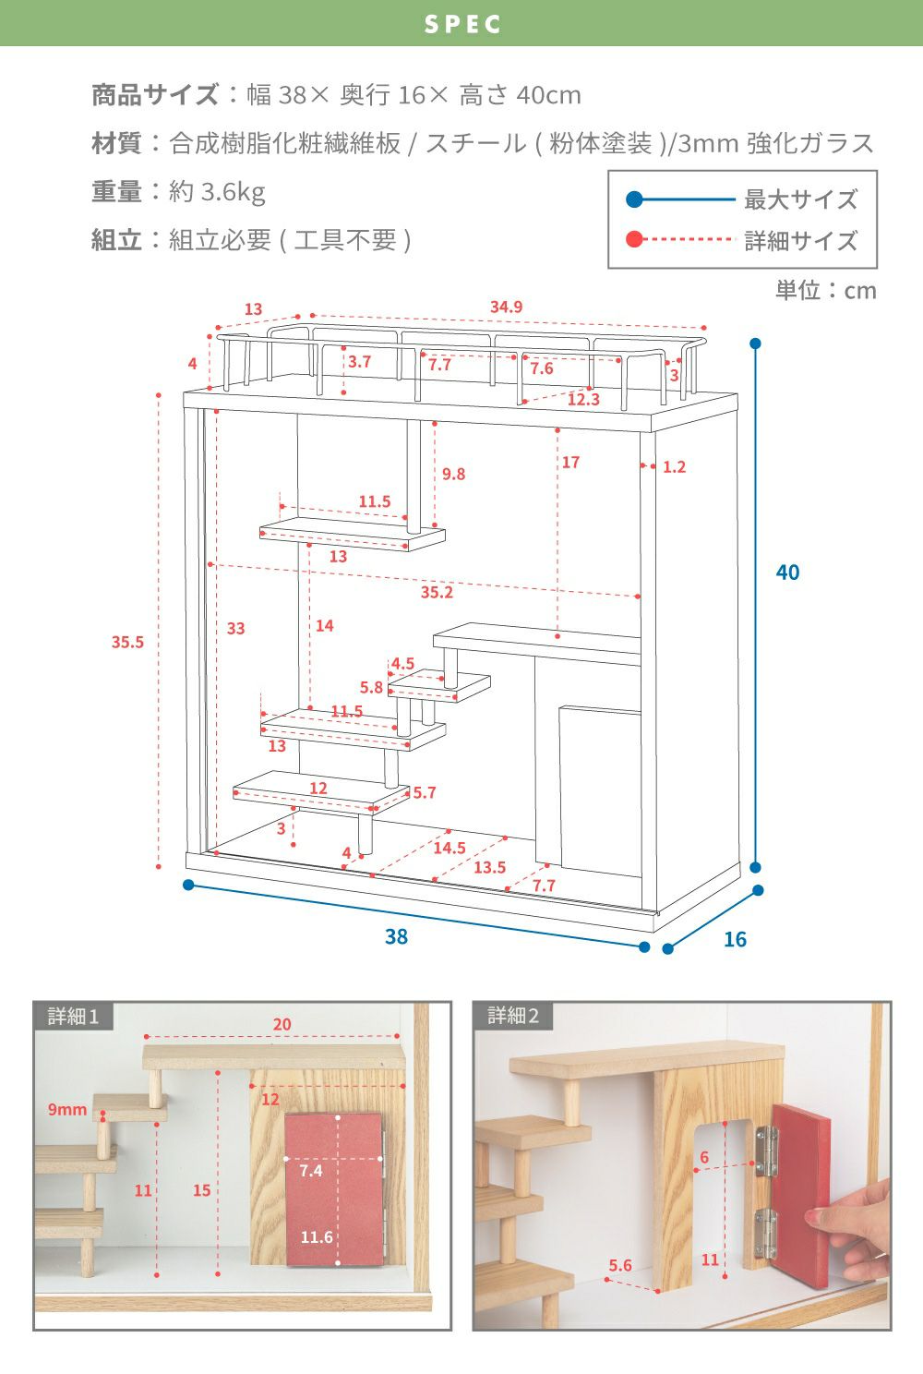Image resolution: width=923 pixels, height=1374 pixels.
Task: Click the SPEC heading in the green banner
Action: pyautogui.click(x=462, y=24)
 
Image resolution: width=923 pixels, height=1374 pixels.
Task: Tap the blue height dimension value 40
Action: pyautogui.click(x=787, y=572)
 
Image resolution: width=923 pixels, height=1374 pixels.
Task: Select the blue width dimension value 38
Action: pyautogui.click(x=396, y=937)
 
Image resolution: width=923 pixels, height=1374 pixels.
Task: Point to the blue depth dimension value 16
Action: pyautogui.click(x=735, y=940)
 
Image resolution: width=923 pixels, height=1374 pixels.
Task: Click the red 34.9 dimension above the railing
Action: pyautogui.click(x=507, y=307)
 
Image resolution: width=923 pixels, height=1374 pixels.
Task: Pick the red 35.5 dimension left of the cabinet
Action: pyautogui.click(x=127, y=642)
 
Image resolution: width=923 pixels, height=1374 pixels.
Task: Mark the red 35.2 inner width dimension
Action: pyautogui.click(x=437, y=592)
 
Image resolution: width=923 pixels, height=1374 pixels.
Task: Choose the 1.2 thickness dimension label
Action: pyautogui.click(x=675, y=467)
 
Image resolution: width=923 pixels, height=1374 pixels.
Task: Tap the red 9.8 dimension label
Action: pyautogui.click(x=453, y=475)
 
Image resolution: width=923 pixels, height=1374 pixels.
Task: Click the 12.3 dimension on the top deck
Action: pyautogui.click(x=583, y=399)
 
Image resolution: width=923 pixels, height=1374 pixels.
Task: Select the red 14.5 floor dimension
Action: pyautogui.click(x=450, y=848)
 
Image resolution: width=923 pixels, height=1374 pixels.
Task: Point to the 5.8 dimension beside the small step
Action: pyautogui.click(x=371, y=687)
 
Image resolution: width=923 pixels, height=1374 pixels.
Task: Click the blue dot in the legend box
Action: pyautogui.click(x=634, y=199)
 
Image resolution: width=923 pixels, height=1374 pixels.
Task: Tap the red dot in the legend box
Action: pyautogui.click(x=634, y=240)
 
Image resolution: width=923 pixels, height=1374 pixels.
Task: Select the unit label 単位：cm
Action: pyautogui.click(x=825, y=291)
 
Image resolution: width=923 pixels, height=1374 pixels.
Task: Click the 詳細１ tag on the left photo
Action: pyautogui.click(x=73, y=1017)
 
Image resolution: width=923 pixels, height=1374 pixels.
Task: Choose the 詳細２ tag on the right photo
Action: pyautogui.click(x=513, y=1017)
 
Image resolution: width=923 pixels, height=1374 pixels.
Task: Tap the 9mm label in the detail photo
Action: pyautogui.click(x=67, y=1109)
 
